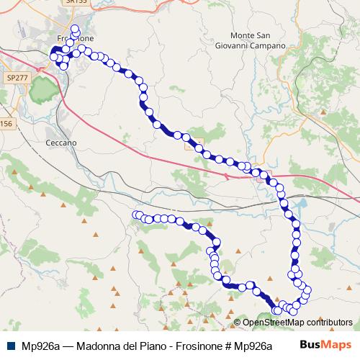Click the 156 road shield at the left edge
tap(6, 124)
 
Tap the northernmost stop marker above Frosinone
tap(75, 28)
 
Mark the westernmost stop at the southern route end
tap(135, 215)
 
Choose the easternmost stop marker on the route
tap(308, 289)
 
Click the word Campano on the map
tap(269, 45)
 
